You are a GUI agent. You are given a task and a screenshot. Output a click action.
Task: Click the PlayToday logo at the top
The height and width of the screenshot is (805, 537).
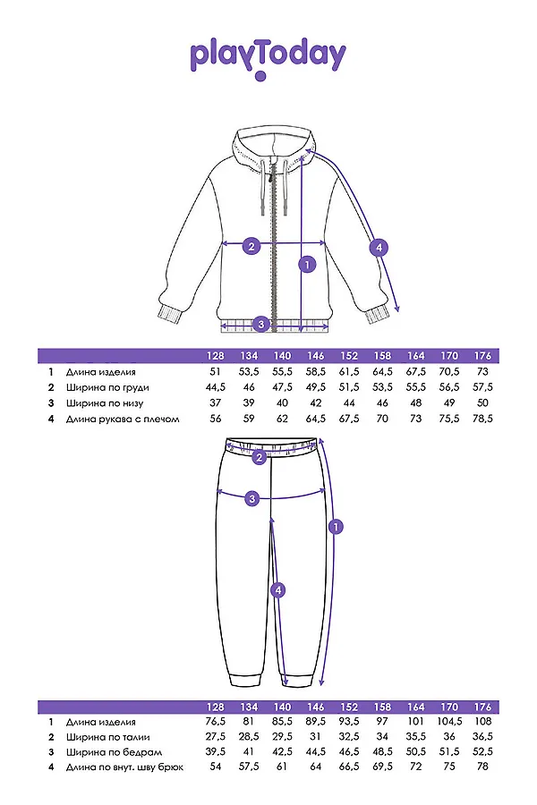coord(268,56)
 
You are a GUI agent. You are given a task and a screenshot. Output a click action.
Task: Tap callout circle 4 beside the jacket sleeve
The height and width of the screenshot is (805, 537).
coord(379,247)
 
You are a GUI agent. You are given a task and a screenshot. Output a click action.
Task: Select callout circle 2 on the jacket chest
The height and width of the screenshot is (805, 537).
coord(251,247)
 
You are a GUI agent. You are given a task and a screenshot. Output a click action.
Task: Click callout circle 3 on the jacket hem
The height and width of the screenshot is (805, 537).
coord(260,323)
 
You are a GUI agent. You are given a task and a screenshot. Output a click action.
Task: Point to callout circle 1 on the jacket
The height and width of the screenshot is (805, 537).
coord(307,264)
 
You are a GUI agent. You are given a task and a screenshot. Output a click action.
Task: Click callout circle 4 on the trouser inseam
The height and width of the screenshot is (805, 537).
coord(278,589)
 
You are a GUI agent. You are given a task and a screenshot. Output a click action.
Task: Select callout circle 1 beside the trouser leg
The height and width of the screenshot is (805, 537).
coord(336,528)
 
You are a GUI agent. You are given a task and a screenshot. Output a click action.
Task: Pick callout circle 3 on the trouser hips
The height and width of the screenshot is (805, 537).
coord(252,498)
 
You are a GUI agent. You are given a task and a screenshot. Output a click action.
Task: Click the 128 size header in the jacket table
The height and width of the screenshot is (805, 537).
coord(215,355)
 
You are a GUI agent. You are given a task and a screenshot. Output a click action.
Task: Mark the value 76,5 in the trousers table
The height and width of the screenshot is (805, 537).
coord(215,722)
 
